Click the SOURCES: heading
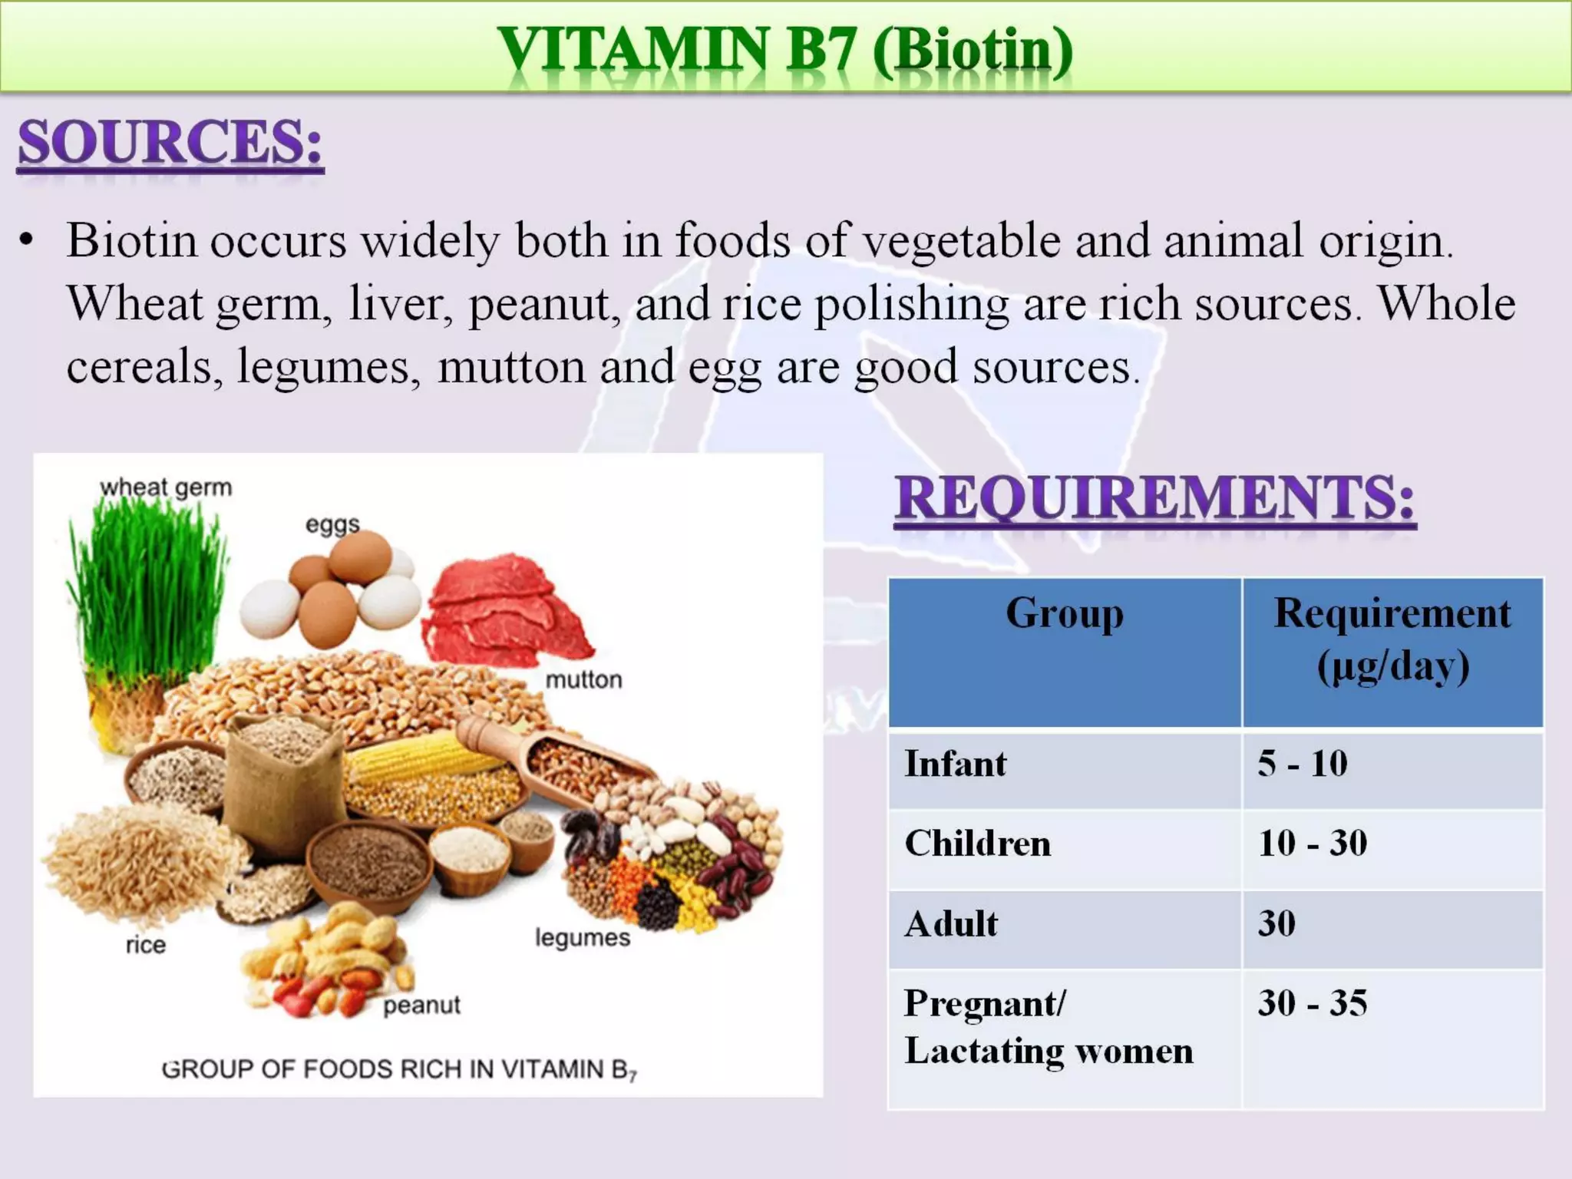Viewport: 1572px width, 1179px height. [x=170, y=143]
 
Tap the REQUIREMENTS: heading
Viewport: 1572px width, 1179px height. [x=1154, y=498]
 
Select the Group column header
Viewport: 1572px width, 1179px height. [x=1065, y=614]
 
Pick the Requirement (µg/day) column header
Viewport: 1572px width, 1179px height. [x=1392, y=639]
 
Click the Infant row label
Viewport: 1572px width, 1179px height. [x=955, y=765]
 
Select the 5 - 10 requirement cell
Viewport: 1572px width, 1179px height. [x=1302, y=765]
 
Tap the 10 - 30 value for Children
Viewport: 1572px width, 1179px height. [x=1312, y=844]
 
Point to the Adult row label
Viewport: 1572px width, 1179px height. [x=951, y=924]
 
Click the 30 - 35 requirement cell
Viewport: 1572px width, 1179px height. [x=1312, y=1003]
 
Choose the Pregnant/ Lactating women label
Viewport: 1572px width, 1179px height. [x=1048, y=1027]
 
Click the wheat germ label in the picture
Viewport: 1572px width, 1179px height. [x=166, y=488]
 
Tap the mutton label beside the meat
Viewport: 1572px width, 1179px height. [x=583, y=680]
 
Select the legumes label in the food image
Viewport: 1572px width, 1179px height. [x=582, y=938]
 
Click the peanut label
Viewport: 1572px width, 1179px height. [x=421, y=1006]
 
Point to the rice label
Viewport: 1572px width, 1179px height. [x=146, y=945]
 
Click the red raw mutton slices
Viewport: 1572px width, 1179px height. [x=503, y=610]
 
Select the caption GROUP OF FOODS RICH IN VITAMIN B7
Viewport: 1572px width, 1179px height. [x=399, y=1069]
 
